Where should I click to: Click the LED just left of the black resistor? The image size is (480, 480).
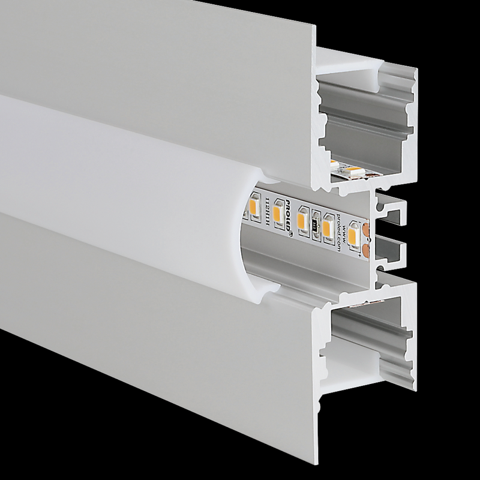click(x=305, y=220)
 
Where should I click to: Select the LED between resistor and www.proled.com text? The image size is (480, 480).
click(x=327, y=227)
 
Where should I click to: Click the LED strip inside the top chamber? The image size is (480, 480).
click(x=354, y=172)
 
